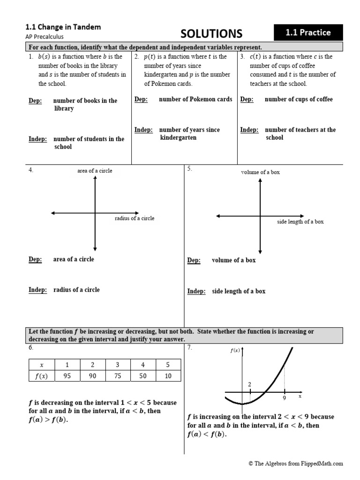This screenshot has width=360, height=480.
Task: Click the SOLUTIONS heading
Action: pyautogui.click(x=211, y=33)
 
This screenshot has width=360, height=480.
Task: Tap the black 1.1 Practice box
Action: pyautogui.click(x=308, y=32)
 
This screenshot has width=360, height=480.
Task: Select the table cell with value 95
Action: pyautogui.click(x=67, y=375)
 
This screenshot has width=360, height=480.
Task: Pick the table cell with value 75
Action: pyautogui.click(x=117, y=375)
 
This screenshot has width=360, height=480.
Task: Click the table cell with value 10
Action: pyautogui.click(x=168, y=375)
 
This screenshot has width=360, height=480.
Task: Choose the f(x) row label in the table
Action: pyautogui.click(x=42, y=375)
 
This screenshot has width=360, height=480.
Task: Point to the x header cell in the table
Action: pyautogui.click(x=42, y=365)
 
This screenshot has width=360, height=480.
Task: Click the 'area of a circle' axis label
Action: pyautogui.click(x=95, y=171)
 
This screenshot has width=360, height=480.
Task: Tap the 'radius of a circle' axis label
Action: pyautogui.click(x=134, y=218)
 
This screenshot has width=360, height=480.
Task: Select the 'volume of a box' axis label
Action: pyautogui.click(x=260, y=172)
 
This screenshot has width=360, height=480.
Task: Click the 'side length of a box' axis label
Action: pyautogui.click(x=300, y=221)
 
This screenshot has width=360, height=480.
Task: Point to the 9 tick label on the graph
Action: pyautogui.click(x=285, y=398)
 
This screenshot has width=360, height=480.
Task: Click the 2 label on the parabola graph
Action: pyautogui.click(x=249, y=384)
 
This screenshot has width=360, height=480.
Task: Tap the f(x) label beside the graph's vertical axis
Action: pyautogui.click(x=235, y=350)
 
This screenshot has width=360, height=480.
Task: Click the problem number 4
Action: pyautogui.click(x=31, y=170)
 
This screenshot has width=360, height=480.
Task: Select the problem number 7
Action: pyautogui.click(x=190, y=347)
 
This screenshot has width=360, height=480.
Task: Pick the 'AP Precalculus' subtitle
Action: pyautogui.click(x=45, y=36)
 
